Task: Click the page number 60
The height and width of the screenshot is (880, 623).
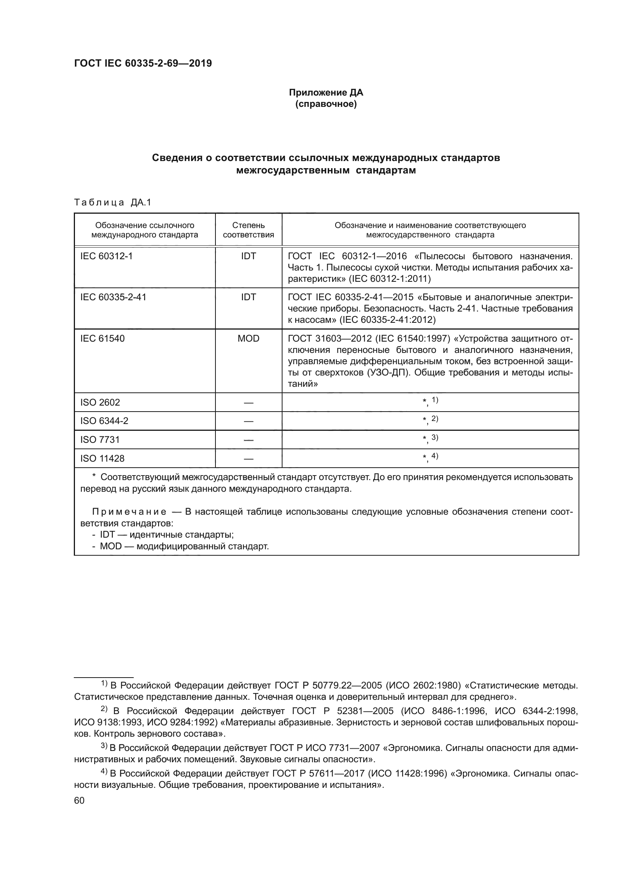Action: tap(79, 800)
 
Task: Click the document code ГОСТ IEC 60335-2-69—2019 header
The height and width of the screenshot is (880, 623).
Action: tap(143, 64)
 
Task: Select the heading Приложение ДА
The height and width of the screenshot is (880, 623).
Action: tap(326, 93)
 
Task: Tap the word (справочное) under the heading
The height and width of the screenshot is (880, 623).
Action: tap(326, 104)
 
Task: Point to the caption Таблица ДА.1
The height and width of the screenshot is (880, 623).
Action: tap(113, 202)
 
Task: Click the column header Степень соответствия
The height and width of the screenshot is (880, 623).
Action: tap(248, 230)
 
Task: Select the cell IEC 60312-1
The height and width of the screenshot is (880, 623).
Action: tap(106, 256)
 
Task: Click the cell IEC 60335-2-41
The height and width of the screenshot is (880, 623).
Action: tap(113, 297)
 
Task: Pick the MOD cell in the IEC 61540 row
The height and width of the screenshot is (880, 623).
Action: tap(248, 339)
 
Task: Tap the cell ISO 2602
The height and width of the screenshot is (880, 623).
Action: tap(100, 402)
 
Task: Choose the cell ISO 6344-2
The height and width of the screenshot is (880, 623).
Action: tap(104, 421)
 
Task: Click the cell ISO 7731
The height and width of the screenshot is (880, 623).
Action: tap(100, 439)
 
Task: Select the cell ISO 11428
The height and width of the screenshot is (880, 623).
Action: tap(102, 458)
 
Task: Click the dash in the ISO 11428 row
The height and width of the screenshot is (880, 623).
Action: tap(248, 459)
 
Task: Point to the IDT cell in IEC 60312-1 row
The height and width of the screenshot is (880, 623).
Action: tap(248, 256)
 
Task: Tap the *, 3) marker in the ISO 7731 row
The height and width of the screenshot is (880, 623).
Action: tap(430, 439)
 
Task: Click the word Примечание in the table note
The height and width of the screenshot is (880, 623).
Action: tap(129, 512)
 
